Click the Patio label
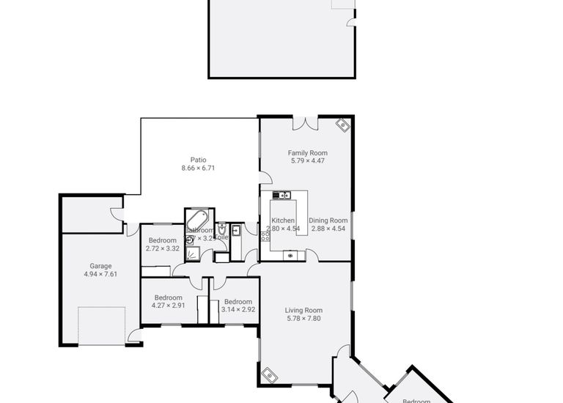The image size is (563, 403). [198, 160]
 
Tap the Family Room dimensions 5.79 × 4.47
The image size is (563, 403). [307, 160]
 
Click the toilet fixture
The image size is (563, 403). [221, 229]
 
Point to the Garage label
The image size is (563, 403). [100, 266]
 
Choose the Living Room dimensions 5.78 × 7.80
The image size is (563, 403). [303, 319]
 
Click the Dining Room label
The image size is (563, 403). [328, 220]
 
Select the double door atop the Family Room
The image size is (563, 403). [305, 123]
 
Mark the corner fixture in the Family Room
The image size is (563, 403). [343, 125]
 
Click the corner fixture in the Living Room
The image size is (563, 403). [270, 377]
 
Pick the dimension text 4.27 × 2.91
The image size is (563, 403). [168, 305]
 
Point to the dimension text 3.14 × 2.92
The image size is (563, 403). [238, 310]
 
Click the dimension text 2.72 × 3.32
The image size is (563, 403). [162, 248]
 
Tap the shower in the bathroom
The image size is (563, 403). [192, 254]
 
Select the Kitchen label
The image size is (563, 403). [283, 220]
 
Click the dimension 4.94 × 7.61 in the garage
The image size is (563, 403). [100, 274]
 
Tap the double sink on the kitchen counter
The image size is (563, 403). [281, 195]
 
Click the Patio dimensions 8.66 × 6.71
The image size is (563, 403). [198, 169]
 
